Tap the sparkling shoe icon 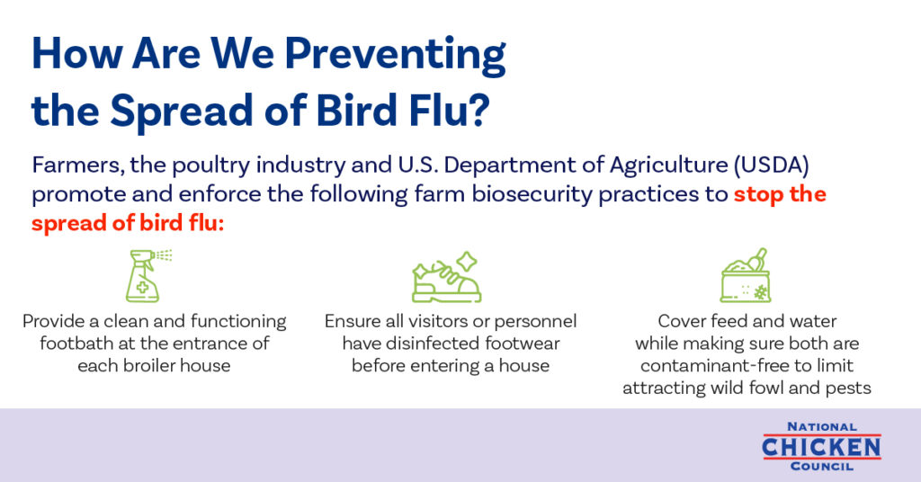[446, 277]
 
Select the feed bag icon [746, 275]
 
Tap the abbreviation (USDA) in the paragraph [771, 165]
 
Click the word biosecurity [532, 194]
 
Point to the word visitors [438, 321]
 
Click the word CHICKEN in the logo [821, 447]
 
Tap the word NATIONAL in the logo [822, 427]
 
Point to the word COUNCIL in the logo [822, 467]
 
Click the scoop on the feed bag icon [757, 258]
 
